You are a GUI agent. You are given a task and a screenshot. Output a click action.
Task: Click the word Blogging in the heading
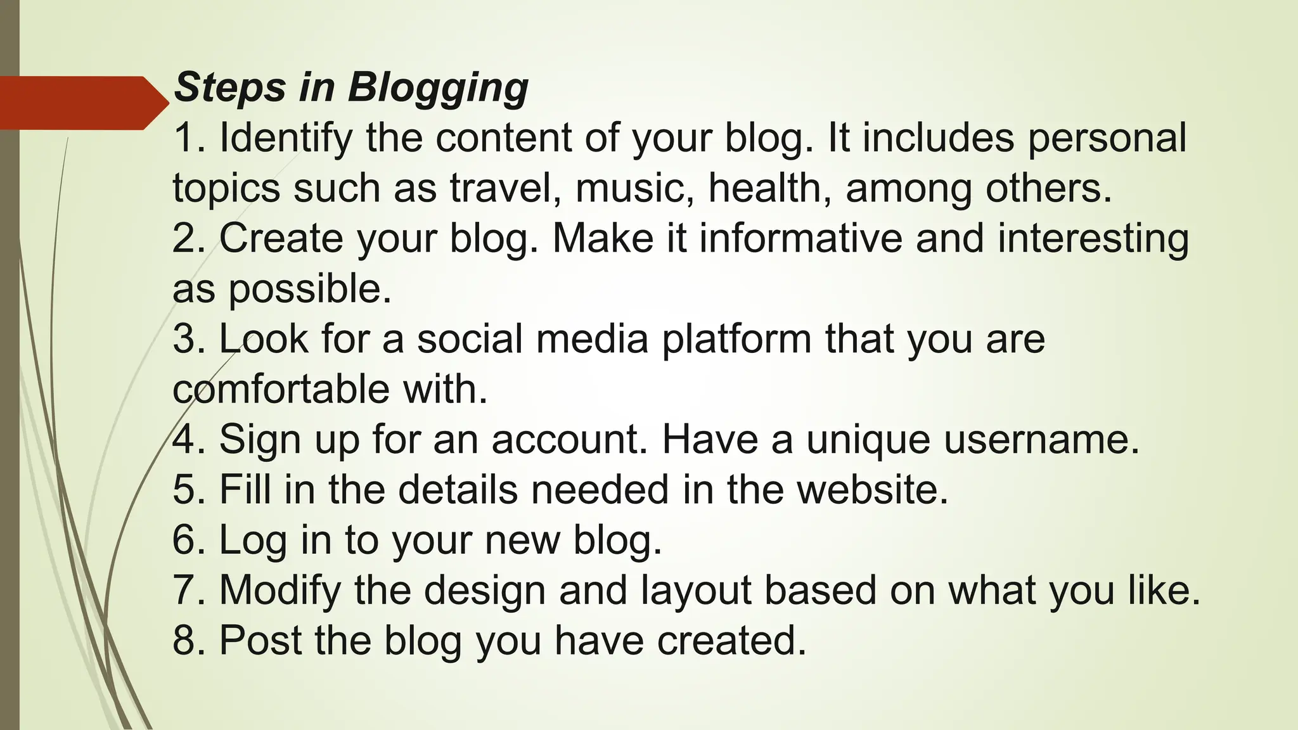(x=438, y=88)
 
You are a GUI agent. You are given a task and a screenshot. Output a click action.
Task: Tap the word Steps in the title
(x=229, y=88)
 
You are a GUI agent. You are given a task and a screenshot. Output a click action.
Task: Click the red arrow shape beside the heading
(x=79, y=103)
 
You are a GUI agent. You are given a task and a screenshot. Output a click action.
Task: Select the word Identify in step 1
(x=285, y=138)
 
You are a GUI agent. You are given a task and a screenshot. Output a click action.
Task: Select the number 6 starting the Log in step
(x=183, y=540)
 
